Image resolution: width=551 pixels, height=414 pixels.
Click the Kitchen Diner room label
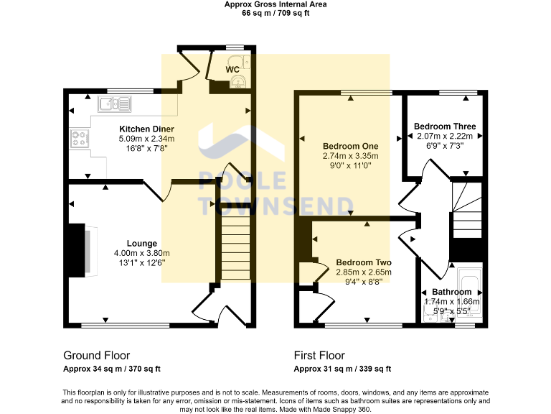pos(146,129)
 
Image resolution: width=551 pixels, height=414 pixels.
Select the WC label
pos(232,70)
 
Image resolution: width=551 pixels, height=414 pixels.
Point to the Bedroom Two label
pos(364,262)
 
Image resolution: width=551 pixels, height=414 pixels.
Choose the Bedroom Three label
pos(445,126)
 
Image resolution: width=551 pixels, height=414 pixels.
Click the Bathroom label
pos(452,292)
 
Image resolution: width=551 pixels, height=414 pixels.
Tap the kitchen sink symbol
pos(115,104)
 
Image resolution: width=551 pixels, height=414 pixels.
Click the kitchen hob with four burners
pos(79,138)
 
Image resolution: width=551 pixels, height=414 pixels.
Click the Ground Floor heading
pos(96,355)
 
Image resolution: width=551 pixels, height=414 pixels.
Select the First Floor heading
pos(319,355)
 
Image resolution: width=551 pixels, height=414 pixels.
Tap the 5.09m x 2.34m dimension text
pos(146,139)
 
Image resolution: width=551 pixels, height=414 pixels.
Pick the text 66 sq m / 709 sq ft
pos(275,13)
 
